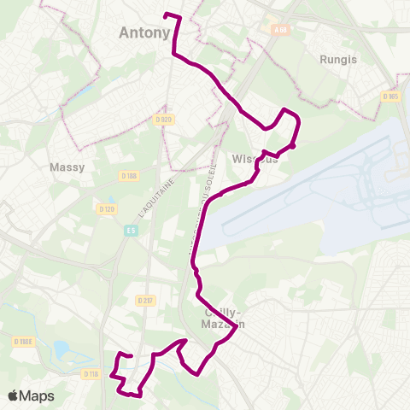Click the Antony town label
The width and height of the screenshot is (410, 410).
[142, 34]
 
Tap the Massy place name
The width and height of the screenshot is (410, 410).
[67, 167]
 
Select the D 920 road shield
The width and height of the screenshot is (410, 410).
[164, 120]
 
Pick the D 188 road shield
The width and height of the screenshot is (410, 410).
[129, 176]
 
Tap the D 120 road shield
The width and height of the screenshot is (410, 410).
[106, 208]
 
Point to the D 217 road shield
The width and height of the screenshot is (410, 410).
[144, 301]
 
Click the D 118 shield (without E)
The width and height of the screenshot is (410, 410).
[92, 374]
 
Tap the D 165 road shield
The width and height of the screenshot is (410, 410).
[391, 97]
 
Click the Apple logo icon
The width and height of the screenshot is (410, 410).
[13, 395]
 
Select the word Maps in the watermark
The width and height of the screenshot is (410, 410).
[37, 395]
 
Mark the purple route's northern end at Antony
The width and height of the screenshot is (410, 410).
[165, 15]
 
